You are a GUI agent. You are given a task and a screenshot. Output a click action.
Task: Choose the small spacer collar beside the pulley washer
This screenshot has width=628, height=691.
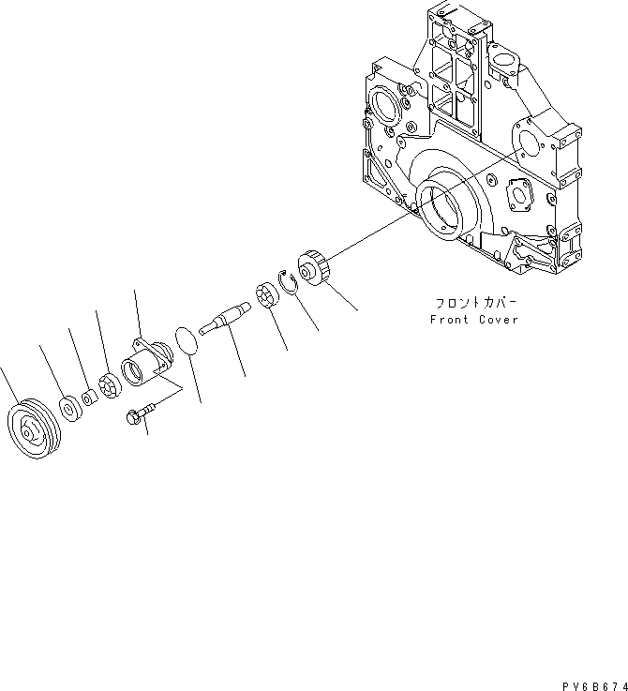87,398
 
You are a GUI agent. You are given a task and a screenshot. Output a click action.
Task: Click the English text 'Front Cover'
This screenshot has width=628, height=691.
473,320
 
